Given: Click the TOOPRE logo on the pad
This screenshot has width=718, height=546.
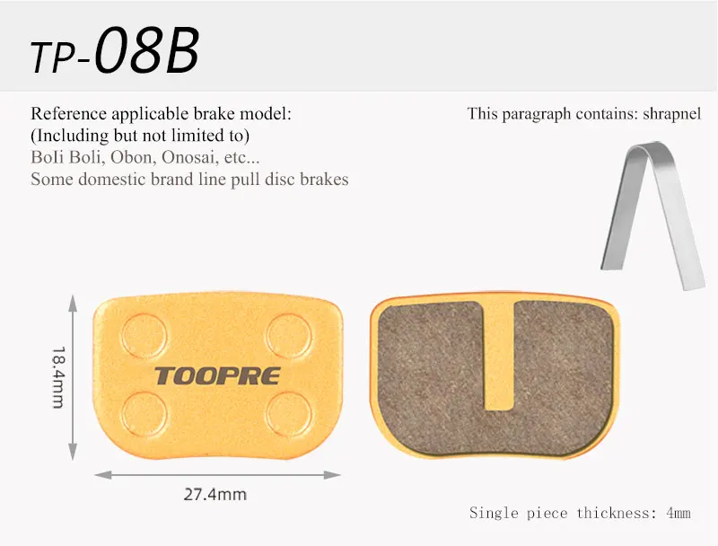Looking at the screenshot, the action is [217, 376].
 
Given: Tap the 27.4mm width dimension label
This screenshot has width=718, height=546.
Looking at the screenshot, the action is [215, 494].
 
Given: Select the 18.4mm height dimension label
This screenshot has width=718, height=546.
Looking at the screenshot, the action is [58, 377].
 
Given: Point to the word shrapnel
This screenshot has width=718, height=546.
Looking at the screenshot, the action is [671, 113].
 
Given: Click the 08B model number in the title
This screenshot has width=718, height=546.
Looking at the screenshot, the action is [146, 50].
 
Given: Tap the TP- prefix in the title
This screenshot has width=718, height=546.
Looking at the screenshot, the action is [59, 57].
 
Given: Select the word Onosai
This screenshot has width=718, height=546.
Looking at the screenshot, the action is [188, 157].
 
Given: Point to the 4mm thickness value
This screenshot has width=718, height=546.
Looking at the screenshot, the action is [679, 513].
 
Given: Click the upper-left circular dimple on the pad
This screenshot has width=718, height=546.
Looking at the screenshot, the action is [144, 336].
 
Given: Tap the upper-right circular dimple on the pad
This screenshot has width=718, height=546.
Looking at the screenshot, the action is [289, 336].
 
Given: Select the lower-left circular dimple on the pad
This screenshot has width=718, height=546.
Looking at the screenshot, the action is [144, 414].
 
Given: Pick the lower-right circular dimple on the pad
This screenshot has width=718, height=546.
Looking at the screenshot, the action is [289, 414].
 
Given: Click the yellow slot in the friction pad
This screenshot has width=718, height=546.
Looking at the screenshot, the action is [499, 355].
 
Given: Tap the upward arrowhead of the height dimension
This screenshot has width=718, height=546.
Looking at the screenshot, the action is [73, 304].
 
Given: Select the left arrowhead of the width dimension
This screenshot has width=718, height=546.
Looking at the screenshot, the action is [103, 475].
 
